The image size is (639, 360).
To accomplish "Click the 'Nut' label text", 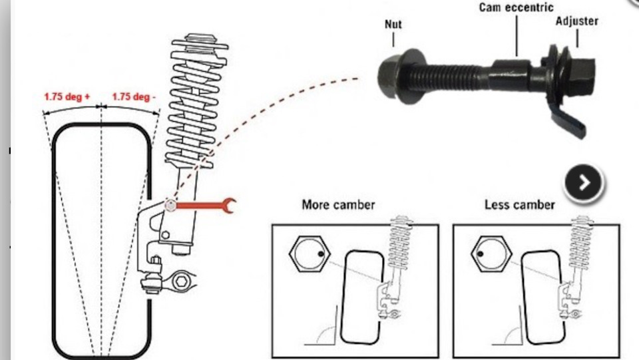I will click(393, 25).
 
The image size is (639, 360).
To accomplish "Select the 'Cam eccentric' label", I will click(516, 8).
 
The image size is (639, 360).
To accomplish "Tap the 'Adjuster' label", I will click(576, 21).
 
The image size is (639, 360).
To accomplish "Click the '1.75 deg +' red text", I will click(67, 96).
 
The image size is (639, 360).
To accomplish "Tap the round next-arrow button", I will click(584, 183).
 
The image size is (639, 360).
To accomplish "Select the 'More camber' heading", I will click(338, 204).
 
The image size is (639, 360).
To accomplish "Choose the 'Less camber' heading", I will click(519, 204).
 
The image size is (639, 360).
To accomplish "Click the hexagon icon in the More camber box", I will click(308, 253).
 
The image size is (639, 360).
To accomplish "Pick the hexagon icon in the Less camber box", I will click(489, 253).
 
